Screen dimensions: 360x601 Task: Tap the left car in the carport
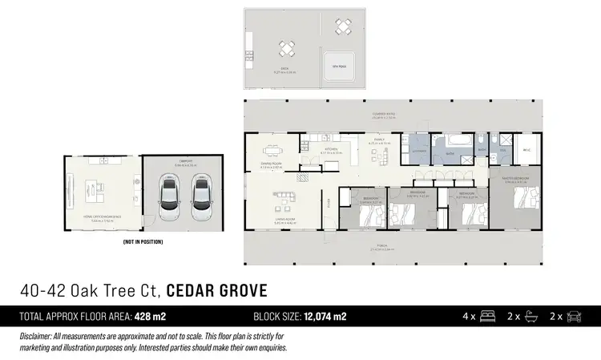point(170,198)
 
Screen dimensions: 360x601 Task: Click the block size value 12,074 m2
point(325,316)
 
